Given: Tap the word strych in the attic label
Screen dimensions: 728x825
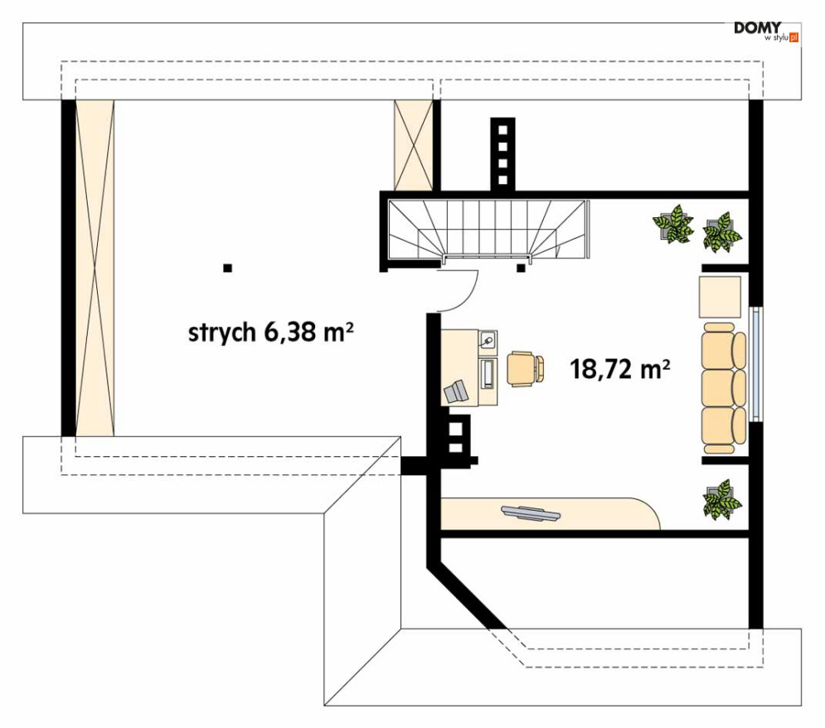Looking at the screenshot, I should click(x=221, y=332).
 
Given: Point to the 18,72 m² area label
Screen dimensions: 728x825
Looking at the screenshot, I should click(x=619, y=369).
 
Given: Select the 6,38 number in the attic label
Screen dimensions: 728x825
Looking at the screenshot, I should click(x=290, y=332).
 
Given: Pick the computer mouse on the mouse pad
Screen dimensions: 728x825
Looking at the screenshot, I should click(x=488, y=339).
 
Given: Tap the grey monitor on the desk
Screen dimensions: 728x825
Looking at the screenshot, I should click(x=456, y=391).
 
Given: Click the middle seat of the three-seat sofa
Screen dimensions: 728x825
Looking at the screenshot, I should click(x=721, y=388).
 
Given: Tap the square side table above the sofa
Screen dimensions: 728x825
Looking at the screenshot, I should click(x=720, y=298).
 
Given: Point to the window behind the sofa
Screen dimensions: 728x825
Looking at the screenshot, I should click(x=755, y=365).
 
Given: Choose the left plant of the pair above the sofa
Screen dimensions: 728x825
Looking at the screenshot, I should click(x=672, y=224).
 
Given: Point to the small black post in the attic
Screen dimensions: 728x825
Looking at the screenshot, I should click(x=227, y=268).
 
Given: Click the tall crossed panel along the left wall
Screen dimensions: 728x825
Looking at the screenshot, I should click(x=94, y=268).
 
